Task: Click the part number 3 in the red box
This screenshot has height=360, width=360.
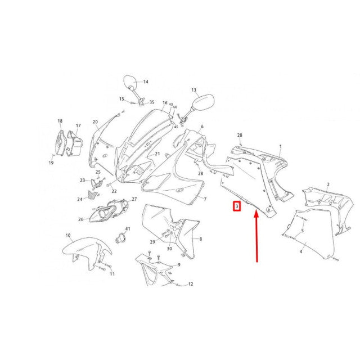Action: [x=237, y=206]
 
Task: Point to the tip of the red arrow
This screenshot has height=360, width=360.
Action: [x=256, y=212]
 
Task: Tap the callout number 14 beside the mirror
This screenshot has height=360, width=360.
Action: [x=146, y=82]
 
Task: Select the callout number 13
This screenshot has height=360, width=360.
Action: [x=194, y=90]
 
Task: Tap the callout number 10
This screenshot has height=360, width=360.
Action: [x=68, y=235]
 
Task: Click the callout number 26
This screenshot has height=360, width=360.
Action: [x=81, y=219]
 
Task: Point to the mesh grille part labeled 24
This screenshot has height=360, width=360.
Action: [x=93, y=195]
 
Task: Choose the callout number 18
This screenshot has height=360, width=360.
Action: [x=60, y=121]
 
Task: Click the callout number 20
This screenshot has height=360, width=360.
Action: [x=95, y=122]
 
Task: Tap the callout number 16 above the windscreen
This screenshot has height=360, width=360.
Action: [x=165, y=102]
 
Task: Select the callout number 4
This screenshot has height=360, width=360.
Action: [x=301, y=252]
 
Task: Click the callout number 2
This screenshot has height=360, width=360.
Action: [x=328, y=184]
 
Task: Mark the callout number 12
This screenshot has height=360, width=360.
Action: [x=191, y=284]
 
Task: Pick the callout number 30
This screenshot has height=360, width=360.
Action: [x=169, y=249]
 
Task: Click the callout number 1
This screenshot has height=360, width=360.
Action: [x=280, y=146]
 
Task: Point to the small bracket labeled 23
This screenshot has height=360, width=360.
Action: [x=96, y=183]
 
